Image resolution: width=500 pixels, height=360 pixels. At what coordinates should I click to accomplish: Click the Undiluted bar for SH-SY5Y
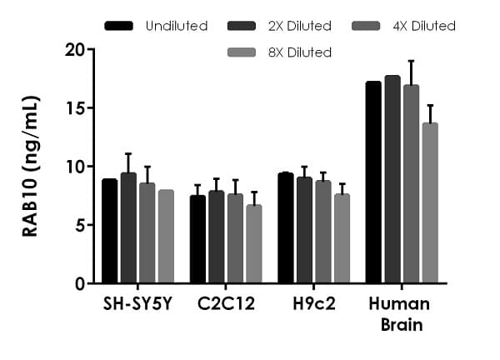pyautogui.click(x=109, y=232)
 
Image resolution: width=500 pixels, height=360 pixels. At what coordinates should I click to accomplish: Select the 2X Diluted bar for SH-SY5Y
pyautogui.click(x=128, y=228)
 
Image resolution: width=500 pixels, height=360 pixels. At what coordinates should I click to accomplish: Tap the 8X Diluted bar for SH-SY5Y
pyautogui.click(x=166, y=237)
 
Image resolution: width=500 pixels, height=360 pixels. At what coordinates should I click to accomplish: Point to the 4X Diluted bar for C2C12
pyautogui.click(x=235, y=239)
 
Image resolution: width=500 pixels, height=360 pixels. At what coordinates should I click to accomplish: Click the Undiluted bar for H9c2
pyautogui.click(x=285, y=228)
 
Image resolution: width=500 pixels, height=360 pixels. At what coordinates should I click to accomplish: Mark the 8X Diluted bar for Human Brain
pyautogui.click(x=430, y=203)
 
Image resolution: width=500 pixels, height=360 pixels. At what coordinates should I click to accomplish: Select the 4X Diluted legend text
pyautogui.click(x=422, y=26)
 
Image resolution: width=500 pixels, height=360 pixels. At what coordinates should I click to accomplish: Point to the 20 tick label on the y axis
pyautogui.click(x=74, y=49)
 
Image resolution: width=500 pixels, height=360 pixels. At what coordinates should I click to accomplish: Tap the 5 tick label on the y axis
pyautogui.click(x=79, y=225)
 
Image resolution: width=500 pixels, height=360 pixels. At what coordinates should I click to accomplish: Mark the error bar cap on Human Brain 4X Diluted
pyautogui.click(x=411, y=61)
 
